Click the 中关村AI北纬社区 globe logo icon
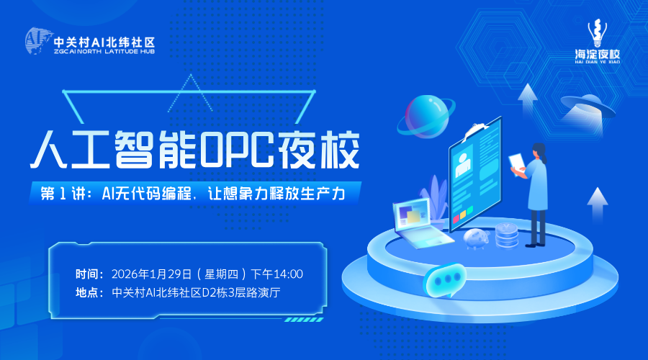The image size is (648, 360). pyautogui.click(x=38, y=41)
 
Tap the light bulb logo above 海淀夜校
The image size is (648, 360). pyautogui.click(x=597, y=33)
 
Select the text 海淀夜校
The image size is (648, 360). pyautogui.click(x=598, y=54)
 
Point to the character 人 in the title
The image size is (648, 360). pyautogui.click(x=49, y=150)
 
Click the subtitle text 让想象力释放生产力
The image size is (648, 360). pyautogui.click(x=276, y=194)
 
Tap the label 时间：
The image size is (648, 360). pyautogui.click(x=90, y=274)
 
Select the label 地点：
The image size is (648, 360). pyautogui.click(x=90, y=292)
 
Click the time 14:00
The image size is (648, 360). pyautogui.click(x=289, y=274)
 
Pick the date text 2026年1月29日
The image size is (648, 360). pyautogui.click(x=152, y=274)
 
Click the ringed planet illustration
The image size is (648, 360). pyautogui.click(x=426, y=116)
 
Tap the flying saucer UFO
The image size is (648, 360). pyautogui.click(x=588, y=105)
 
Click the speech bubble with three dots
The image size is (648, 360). pyautogui.click(x=445, y=280)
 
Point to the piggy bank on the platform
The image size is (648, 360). pyautogui.click(x=476, y=238)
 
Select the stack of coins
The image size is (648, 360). pyautogui.click(x=507, y=235)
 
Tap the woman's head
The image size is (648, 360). pyautogui.click(x=539, y=152)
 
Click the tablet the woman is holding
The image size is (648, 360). pyautogui.click(x=517, y=163)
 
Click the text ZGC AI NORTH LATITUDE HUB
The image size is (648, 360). pyautogui.click(x=104, y=52)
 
